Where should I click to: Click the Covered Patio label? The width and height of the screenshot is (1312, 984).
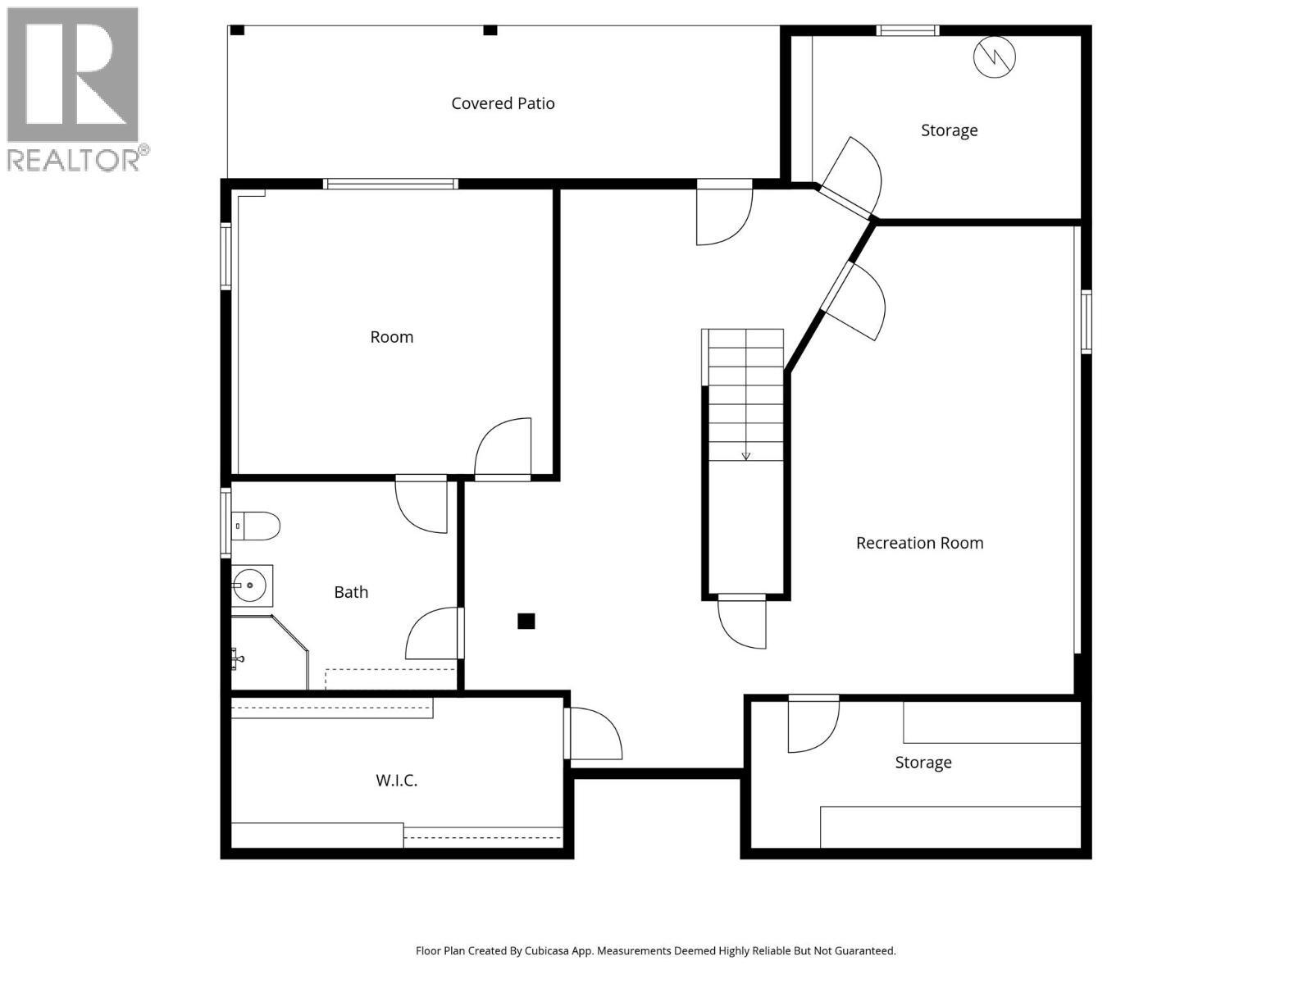503,103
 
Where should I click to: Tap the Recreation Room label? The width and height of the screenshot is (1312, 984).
919,543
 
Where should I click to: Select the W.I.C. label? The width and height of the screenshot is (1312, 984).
397,781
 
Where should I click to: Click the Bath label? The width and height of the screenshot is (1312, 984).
351,592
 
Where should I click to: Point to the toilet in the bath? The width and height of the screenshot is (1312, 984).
256,525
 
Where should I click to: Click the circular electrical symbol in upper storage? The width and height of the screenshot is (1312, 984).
994,57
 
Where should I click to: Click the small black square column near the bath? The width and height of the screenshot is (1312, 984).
526,622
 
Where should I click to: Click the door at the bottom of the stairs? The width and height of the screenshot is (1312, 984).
743,623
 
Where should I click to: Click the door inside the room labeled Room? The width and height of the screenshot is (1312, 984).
503,449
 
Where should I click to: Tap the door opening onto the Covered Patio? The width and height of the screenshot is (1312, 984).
723,216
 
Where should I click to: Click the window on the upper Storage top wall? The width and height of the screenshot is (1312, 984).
907,31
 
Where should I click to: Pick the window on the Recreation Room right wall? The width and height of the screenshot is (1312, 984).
1086,321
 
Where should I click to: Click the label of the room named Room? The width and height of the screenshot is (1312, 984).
392,337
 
